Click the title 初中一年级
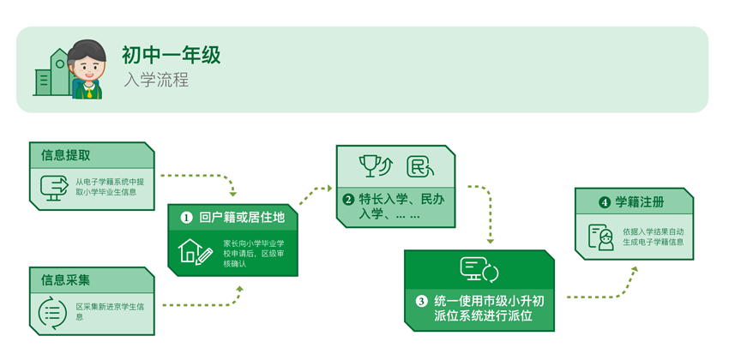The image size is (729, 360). (x=171, y=56)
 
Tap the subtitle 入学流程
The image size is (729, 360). (x=155, y=81)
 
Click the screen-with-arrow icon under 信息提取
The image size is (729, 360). (x=54, y=187)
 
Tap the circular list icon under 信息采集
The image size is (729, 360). (x=53, y=312)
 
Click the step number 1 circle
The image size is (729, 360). (x=186, y=218)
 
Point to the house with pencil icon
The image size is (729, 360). (x=195, y=252)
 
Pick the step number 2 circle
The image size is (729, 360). (x=348, y=200)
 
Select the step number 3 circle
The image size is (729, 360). (x=421, y=301)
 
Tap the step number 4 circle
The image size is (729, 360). (x=605, y=202)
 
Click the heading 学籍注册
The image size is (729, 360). (x=640, y=202)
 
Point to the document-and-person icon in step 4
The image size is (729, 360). (x=601, y=237)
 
